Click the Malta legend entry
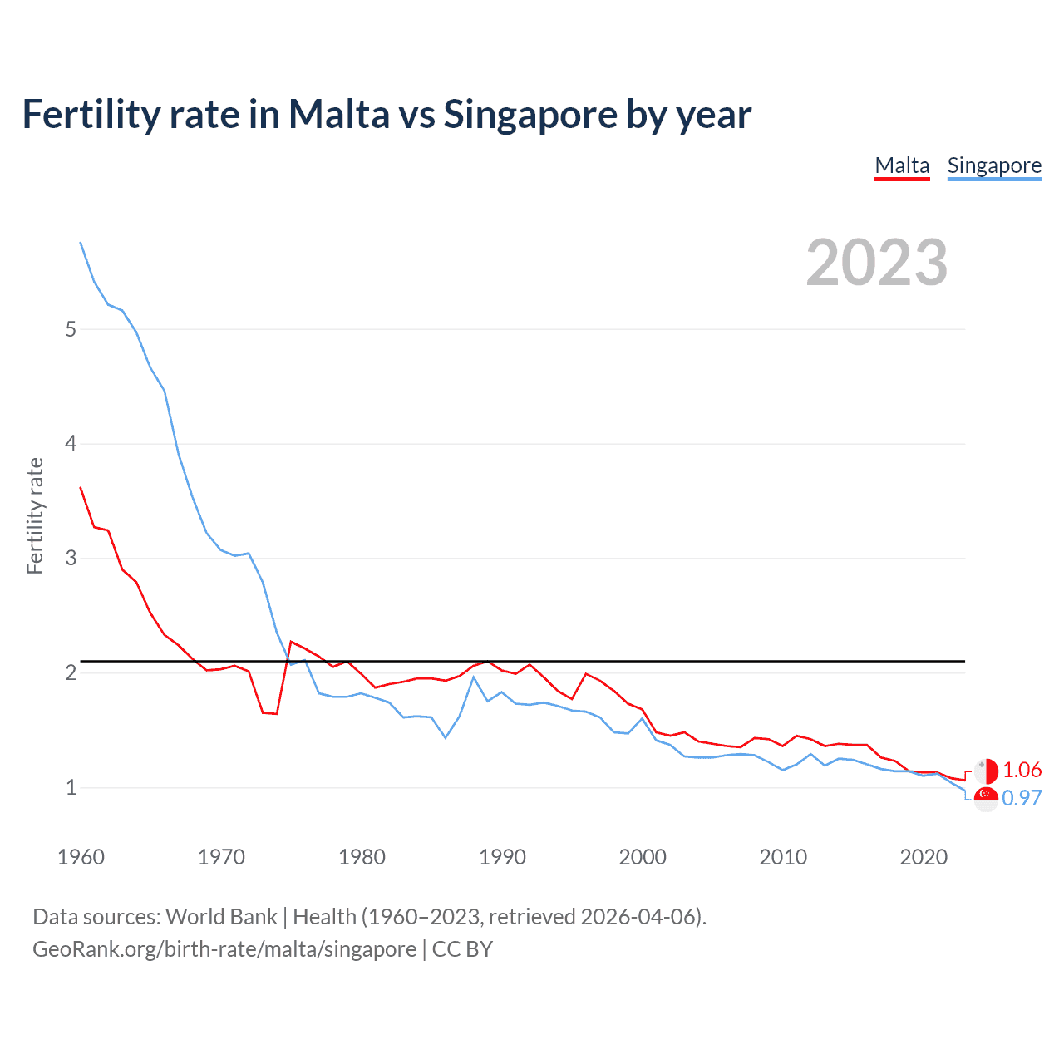coord(902,166)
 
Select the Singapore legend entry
coord(994,166)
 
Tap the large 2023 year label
coord(876,263)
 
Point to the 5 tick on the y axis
coord(71,329)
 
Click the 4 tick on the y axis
coord(71,444)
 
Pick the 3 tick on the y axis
coord(71,558)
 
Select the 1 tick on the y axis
coord(71,787)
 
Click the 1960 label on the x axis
coord(81,857)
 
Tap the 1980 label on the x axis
coord(362,857)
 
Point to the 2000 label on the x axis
coord(643,857)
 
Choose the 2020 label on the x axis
coord(924,857)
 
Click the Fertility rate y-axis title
coord(35,515)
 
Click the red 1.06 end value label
coord(1022,771)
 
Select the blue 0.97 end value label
coord(1022,798)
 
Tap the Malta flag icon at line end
coord(986,771)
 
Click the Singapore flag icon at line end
coord(986,799)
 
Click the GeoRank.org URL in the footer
coord(224,949)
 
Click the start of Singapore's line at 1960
coord(81,243)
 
